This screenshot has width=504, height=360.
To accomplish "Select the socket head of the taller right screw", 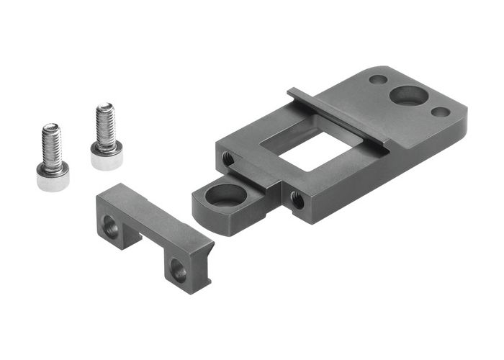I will pyautogui.click(x=106, y=156).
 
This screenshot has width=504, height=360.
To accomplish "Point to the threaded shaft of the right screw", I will pyautogui.click(x=106, y=127).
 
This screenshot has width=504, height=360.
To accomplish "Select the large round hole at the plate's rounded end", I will pyautogui.click(x=408, y=95).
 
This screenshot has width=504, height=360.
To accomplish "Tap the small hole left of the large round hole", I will pyautogui.click(x=377, y=80).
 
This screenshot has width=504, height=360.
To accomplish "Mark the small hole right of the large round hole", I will pyautogui.click(x=441, y=112).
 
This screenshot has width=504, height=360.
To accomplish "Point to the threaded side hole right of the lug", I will pyautogui.click(x=297, y=199).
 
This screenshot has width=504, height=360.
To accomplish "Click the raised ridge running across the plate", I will pyautogui.click(x=338, y=115).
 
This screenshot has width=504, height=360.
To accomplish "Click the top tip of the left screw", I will pyautogui.click(x=50, y=127).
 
